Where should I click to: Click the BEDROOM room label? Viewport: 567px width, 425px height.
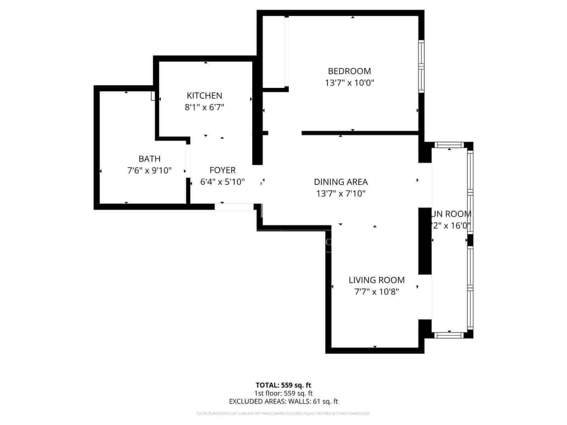click(x=349, y=71)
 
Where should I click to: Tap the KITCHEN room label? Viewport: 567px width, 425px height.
click(x=204, y=96)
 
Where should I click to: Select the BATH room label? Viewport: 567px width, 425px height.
click(x=149, y=159)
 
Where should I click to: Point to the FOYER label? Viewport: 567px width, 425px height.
click(x=223, y=170)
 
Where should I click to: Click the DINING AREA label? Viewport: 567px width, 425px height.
click(x=341, y=182)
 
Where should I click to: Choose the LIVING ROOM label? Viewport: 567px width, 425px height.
click(x=376, y=280)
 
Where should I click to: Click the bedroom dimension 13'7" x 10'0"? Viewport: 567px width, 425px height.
click(x=349, y=83)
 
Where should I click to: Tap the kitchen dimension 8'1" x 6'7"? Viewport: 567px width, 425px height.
click(x=204, y=107)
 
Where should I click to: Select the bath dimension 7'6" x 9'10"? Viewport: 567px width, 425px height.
click(x=149, y=171)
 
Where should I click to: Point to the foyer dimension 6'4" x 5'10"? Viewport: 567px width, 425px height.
click(x=223, y=182)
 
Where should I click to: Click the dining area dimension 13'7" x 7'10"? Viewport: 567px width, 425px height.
click(x=341, y=194)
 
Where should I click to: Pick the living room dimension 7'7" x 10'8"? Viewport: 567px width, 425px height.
click(x=376, y=292)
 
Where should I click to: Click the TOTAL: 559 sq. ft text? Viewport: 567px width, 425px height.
click(x=283, y=385)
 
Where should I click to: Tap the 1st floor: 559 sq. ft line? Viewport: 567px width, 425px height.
click(x=283, y=393)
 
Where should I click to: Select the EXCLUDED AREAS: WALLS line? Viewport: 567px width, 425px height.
click(x=283, y=401)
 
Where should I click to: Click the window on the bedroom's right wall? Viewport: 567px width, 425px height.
click(x=421, y=66)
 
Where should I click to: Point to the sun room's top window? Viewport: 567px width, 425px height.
click(x=449, y=144)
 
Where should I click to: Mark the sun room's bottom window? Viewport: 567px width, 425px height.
click(x=449, y=335)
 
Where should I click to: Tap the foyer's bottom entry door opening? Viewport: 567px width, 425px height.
click(x=234, y=207)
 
